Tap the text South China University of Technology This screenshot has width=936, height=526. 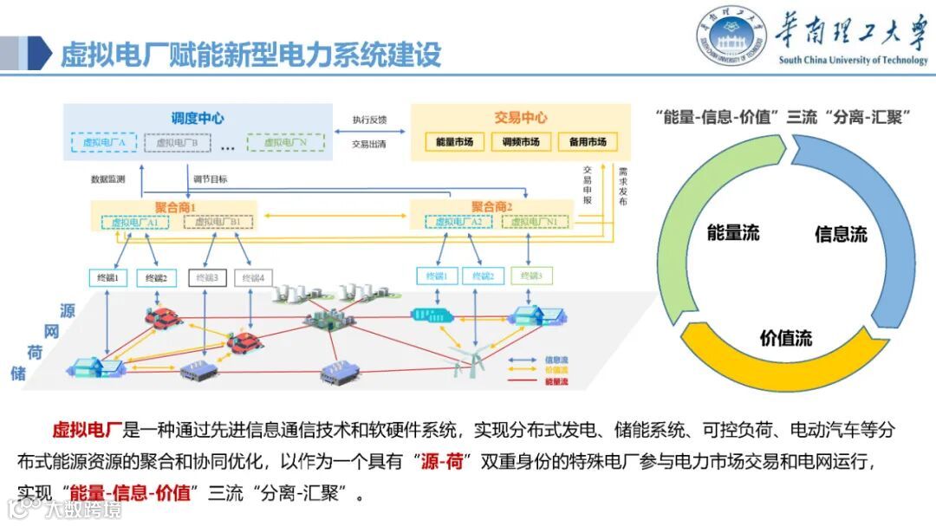(853, 61)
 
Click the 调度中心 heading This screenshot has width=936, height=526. (198, 117)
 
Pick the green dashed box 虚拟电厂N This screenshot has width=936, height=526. (285, 142)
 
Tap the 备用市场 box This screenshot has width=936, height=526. (588, 141)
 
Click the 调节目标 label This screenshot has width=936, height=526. (211, 179)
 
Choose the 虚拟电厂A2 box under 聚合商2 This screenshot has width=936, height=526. (459, 222)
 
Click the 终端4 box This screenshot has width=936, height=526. (253, 277)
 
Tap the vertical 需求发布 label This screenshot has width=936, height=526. (622, 186)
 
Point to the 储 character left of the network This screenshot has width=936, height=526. (18, 373)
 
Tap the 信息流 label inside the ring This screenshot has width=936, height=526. (841, 234)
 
